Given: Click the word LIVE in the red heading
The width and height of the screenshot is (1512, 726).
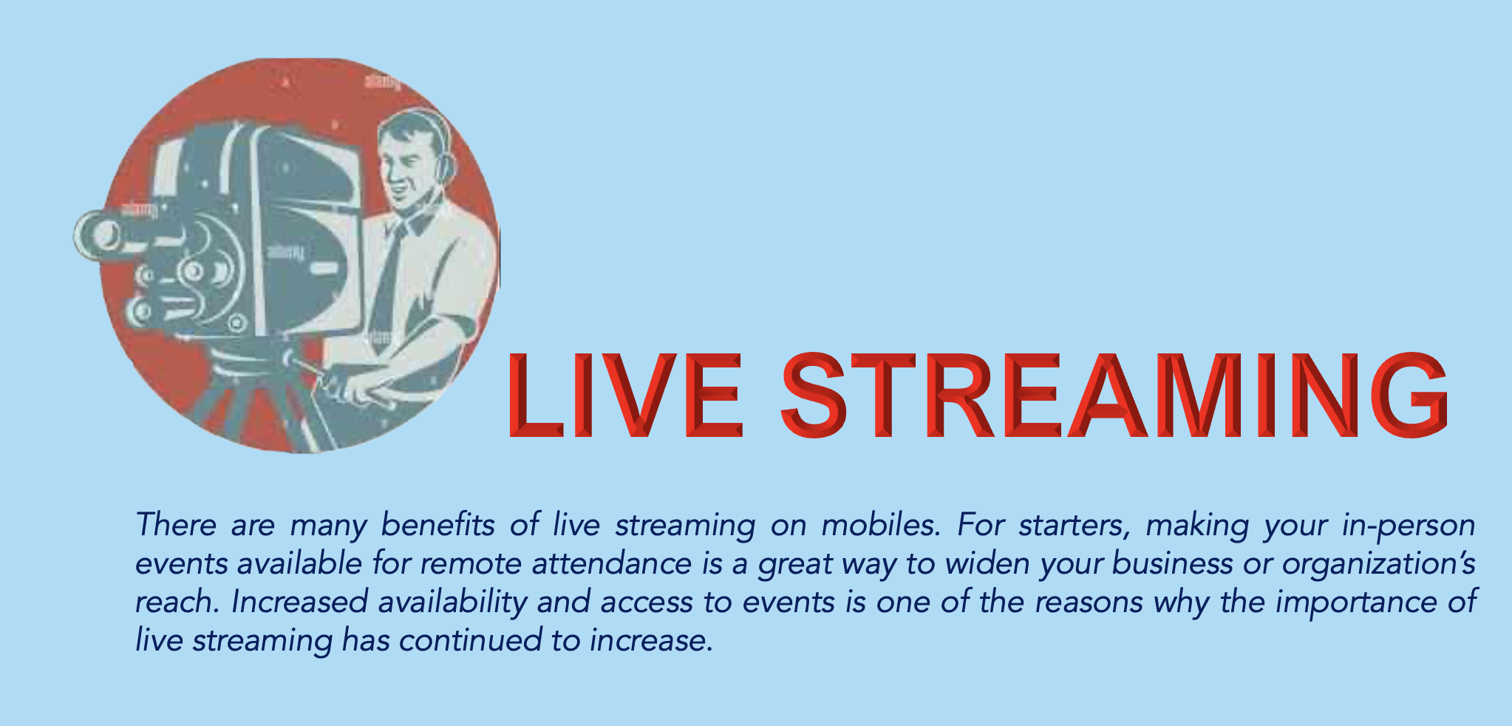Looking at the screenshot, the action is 625,394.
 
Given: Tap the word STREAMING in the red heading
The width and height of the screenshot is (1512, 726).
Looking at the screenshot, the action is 1114,394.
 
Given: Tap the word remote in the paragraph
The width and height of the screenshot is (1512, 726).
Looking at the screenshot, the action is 471,563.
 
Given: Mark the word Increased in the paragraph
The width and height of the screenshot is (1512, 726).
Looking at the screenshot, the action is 299,602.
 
